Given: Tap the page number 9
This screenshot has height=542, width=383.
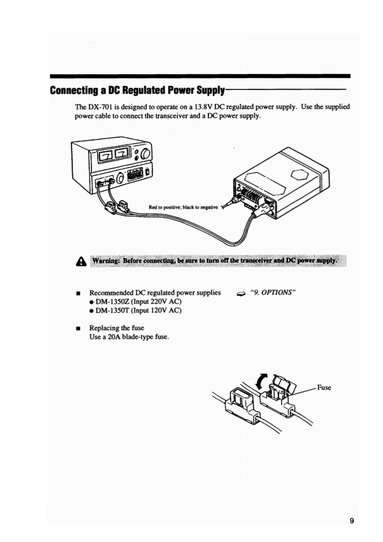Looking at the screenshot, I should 352,520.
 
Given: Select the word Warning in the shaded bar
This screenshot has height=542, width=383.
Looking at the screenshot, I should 106,261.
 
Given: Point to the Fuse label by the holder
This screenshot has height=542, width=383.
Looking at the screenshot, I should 324,387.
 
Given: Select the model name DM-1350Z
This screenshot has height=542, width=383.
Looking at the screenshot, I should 112,301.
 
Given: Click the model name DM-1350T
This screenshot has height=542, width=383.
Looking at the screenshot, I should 111,310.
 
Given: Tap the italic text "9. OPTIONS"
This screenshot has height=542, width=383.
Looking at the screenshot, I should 273,293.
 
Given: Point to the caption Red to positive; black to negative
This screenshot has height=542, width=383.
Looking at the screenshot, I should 183,207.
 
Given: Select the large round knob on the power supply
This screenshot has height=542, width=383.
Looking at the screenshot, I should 145,154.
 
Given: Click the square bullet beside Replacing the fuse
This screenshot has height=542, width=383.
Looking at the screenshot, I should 78,328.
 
